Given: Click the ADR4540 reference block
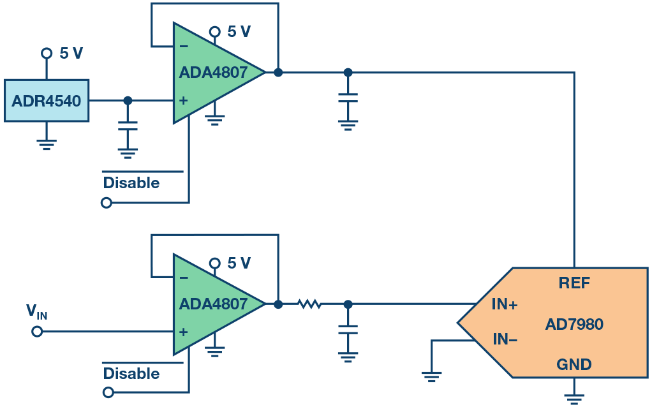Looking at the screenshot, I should click(x=47, y=101).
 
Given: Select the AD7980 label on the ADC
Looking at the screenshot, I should click(x=574, y=325).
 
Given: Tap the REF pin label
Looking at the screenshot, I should click(x=574, y=284).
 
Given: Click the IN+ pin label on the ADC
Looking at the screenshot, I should click(x=505, y=305).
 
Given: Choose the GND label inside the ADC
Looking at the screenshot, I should click(x=574, y=365).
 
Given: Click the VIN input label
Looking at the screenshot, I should click(x=36, y=312).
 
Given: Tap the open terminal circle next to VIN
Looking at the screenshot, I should click(x=37, y=332).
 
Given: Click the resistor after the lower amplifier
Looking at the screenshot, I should click(x=310, y=304).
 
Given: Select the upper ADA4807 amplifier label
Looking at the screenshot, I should click(x=212, y=73).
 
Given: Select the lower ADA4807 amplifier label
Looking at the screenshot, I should click(x=212, y=304).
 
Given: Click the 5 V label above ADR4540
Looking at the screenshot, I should click(x=71, y=54).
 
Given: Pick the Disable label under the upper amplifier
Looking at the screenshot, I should click(x=131, y=183).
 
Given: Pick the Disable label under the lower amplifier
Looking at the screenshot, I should click(x=131, y=373).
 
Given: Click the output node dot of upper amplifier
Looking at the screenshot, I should click(x=278, y=72).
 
